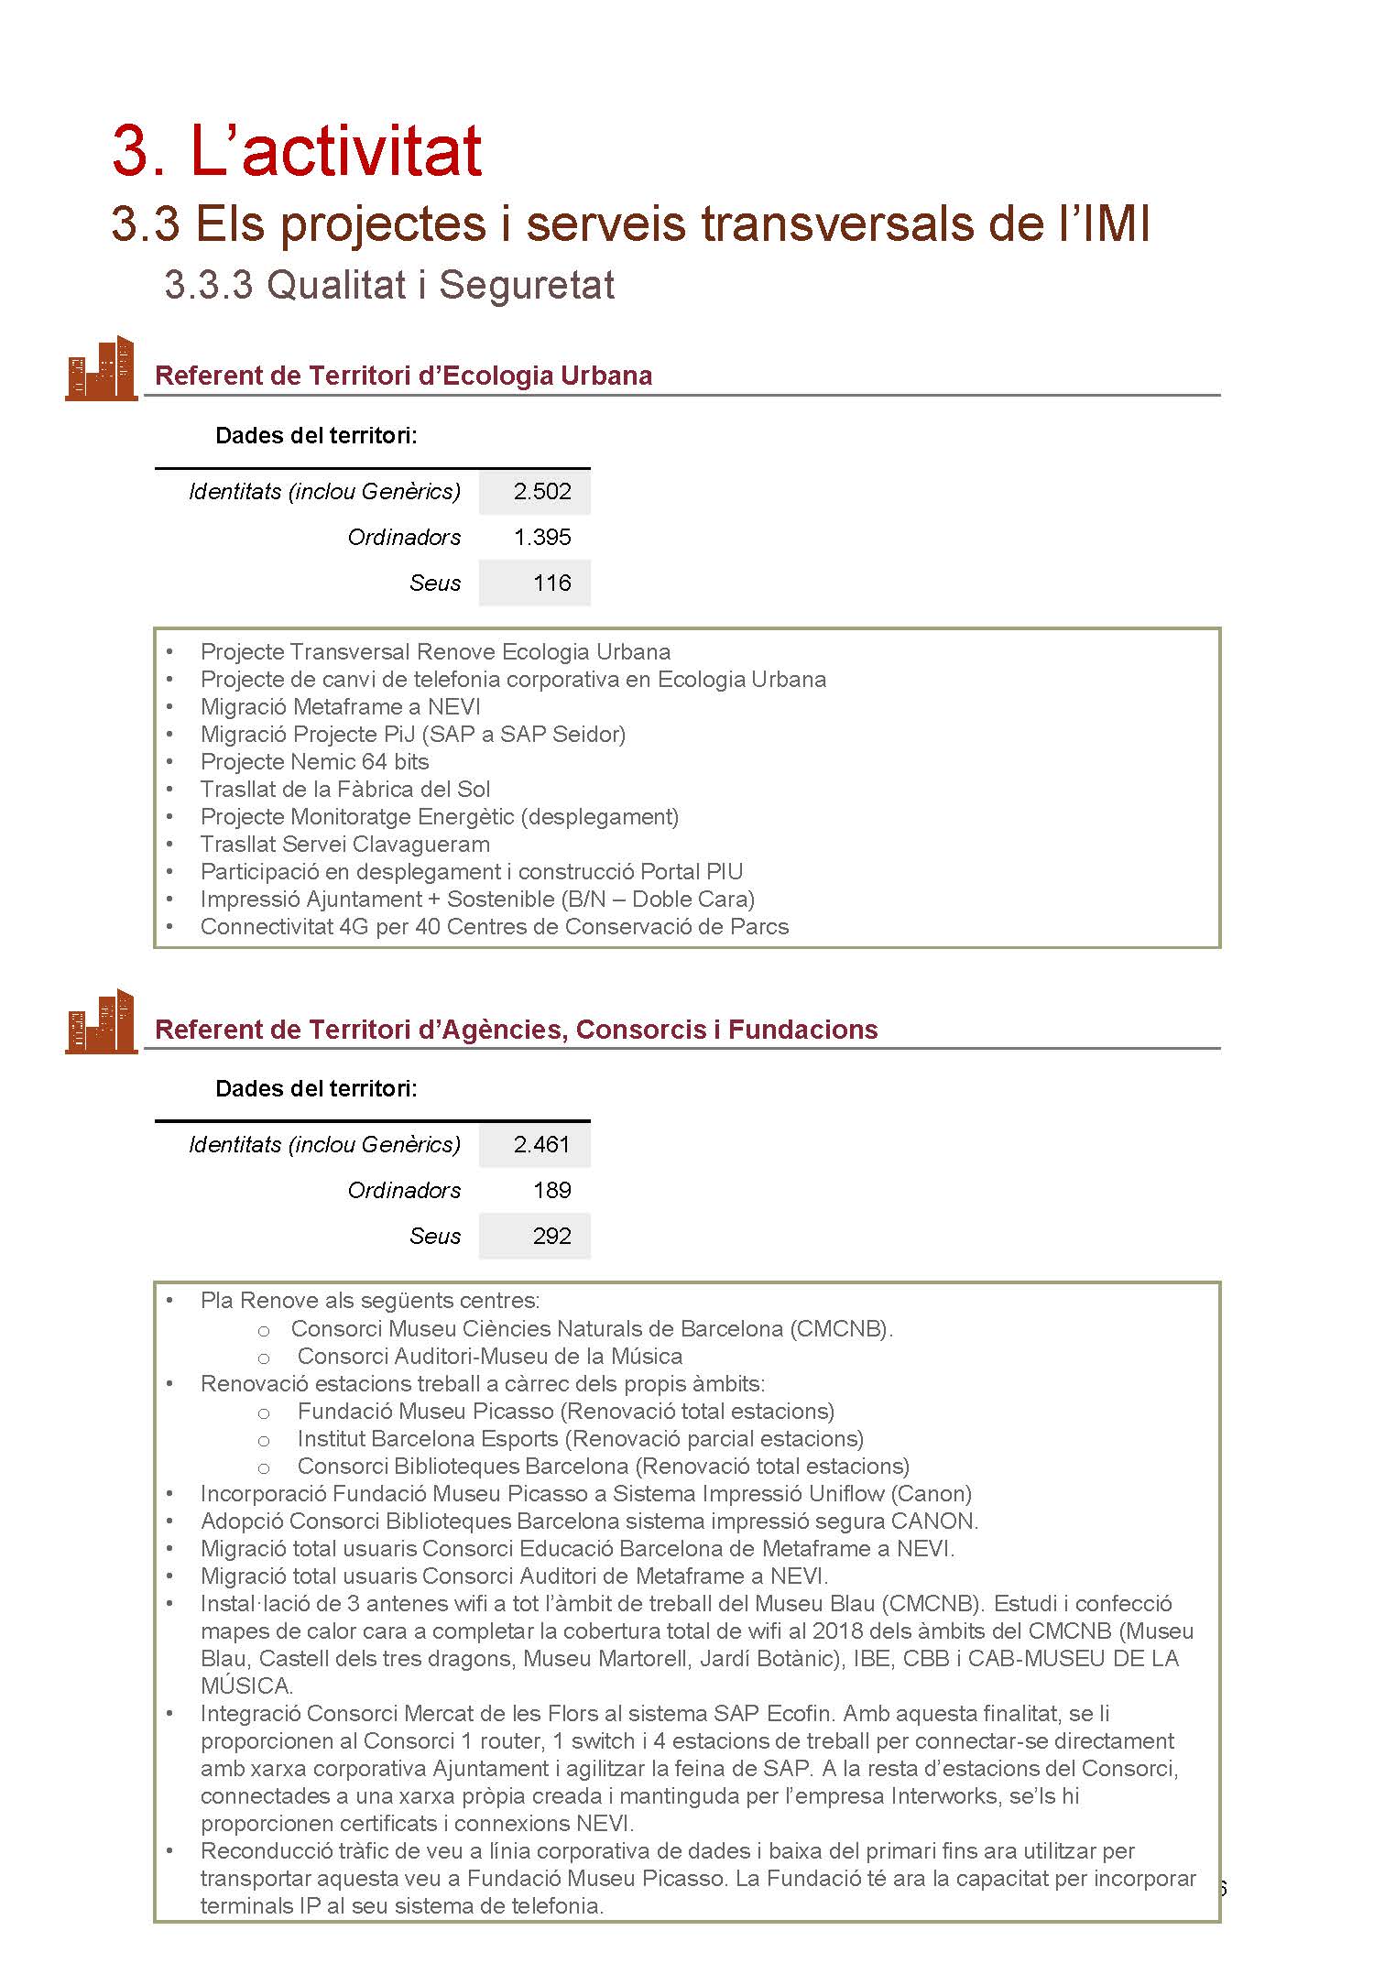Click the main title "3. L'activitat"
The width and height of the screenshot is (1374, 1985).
click(x=297, y=150)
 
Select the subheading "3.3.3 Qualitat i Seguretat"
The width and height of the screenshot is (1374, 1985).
click(x=389, y=285)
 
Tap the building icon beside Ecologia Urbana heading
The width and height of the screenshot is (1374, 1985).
click(x=101, y=368)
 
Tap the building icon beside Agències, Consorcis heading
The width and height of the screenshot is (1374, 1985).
click(x=101, y=1021)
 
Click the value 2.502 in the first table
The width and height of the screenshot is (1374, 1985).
click(x=542, y=492)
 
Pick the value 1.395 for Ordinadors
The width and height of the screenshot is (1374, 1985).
click(x=542, y=538)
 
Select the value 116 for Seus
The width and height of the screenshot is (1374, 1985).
click(x=551, y=584)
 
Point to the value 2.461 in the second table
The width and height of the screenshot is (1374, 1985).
click(x=541, y=1145)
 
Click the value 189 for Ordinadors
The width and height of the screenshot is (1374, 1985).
click(x=551, y=1191)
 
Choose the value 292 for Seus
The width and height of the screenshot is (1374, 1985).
click(x=551, y=1237)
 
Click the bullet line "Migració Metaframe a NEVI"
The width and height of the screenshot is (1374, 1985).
click(x=340, y=707)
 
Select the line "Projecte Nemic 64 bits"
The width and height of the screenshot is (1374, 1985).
click(x=314, y=762)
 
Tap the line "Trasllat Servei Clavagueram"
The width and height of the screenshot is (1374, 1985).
click(x=344, y=845)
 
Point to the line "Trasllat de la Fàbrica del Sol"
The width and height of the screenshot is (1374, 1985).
click(x=345, y=790)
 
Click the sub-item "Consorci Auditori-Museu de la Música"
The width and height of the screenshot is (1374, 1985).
click(x=489, y=1357)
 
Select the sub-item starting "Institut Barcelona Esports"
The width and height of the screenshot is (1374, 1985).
click(x=580, y=1439)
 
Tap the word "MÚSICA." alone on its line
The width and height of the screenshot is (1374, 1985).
click(x=246, y=1686)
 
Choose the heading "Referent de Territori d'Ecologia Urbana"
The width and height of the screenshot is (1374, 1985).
click(x=403, y=376)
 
